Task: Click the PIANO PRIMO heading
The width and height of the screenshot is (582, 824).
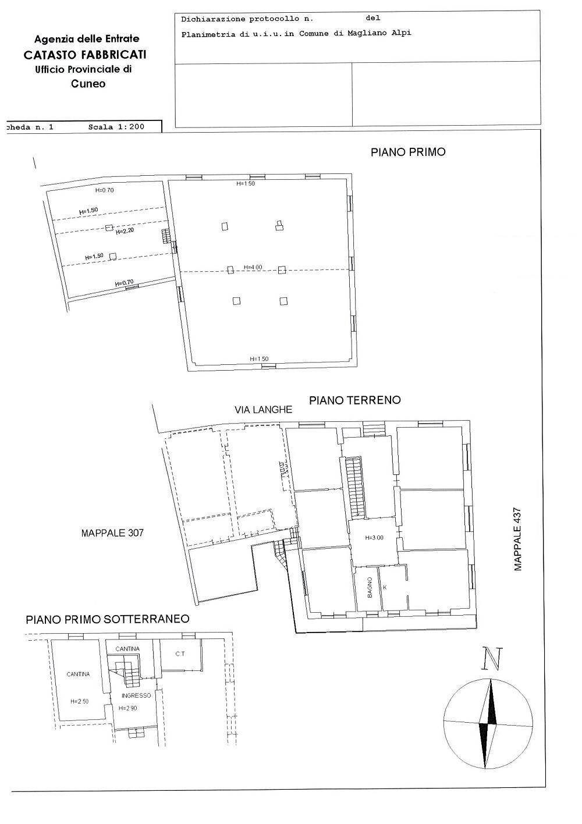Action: click(408, 152)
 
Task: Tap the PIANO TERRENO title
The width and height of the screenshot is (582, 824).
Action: click(354, 400)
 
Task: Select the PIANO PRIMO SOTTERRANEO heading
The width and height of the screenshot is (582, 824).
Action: click(108, 619)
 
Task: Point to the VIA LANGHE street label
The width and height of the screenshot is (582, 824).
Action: click(263, 410)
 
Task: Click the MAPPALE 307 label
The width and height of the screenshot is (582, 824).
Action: click(112, 532)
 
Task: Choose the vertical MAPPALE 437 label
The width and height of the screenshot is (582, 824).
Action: click(518, 539)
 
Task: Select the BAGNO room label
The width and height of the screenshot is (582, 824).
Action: click(370, 588)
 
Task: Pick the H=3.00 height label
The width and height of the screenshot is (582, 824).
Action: click(374, 538)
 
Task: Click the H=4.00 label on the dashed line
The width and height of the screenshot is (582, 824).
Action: click(253, 268)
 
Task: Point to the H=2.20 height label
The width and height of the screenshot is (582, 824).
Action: click(125, 232)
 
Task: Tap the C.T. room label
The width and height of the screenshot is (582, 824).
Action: click(180, 654)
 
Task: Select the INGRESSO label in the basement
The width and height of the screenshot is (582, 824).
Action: click(136, 695)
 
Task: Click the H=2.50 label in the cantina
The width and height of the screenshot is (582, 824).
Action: click(79, 701)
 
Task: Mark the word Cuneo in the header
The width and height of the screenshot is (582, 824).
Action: click(88, 83)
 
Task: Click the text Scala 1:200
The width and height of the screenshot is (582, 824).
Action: click(116, 126)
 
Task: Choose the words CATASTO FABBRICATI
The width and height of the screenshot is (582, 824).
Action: click(85, 55)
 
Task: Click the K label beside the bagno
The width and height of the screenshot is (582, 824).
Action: click(385, 587)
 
